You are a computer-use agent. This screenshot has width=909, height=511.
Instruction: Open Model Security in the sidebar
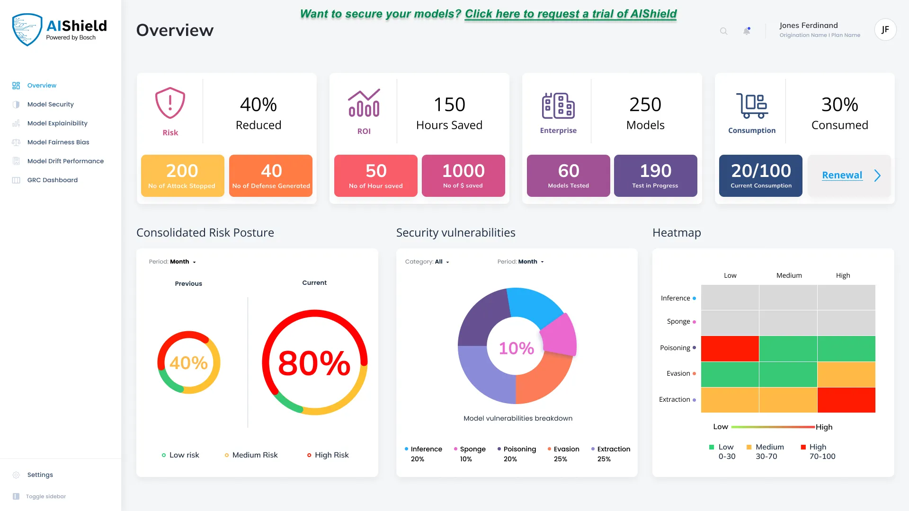[50, 104]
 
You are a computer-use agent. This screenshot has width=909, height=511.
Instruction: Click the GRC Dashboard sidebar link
[52, 180]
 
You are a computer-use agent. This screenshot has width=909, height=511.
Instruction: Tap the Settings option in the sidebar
[40, 475]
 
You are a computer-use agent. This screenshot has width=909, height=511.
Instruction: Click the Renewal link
[842, 175]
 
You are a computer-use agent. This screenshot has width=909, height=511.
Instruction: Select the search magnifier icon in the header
[723, 31]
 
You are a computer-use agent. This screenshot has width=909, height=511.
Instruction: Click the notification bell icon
[747, 31]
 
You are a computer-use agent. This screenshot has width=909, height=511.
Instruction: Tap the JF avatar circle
[885, 30]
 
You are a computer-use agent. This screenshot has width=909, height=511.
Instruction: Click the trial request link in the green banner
[570, 14]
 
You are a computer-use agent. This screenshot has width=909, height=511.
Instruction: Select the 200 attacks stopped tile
[183, 176]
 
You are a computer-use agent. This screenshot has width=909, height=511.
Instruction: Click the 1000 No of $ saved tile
[463, 176]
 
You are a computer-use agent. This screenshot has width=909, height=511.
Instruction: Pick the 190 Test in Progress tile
[655, 176]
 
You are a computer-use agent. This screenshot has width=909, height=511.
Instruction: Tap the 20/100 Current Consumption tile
[760, 176]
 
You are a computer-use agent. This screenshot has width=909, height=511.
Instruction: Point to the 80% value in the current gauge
[314, 363]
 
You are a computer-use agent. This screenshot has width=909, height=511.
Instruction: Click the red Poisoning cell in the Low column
[730, 349]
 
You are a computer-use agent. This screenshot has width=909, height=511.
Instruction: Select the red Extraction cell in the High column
[846, 400]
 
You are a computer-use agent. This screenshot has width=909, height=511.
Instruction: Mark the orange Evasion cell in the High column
[846, 374]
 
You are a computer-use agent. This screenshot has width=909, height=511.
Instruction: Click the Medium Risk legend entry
[251, 455]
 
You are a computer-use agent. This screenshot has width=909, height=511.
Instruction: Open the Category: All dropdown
[427, 262]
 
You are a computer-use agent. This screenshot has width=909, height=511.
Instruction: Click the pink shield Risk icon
[170, 103]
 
